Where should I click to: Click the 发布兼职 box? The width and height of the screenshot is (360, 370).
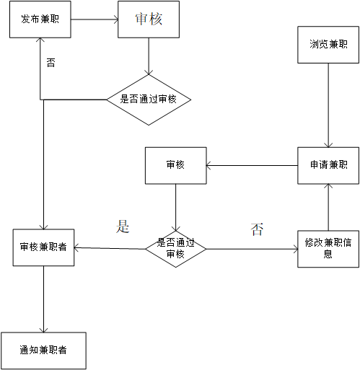pyautogui.click(x=40, y=19)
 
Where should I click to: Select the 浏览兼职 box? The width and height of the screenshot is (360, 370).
pyautogui.click(x=328, y=44)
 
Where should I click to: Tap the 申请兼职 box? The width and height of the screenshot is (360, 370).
pyautogui.click(x=328, y=165)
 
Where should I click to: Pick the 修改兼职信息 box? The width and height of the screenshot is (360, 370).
pyautogui.click(x=328, y=249)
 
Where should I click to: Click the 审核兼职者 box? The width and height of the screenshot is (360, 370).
pyautogui.click(x=44, y=247)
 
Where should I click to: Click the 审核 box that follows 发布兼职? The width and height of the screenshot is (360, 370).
pyautogui.click(x=148, y=19)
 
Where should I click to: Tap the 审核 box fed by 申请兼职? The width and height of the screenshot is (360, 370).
pyautogui.click(x=175, y=165)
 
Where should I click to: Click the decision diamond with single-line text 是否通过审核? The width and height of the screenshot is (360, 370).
pyautogui.click(x=149, y=100)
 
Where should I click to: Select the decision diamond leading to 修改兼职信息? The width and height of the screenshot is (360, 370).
pyautogui.click(x=175, y=249)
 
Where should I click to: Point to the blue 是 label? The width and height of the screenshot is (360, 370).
pyautogui.click(x=123, y=226)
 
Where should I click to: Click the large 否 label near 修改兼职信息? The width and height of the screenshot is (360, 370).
pyautogui.click(x=257, y=230)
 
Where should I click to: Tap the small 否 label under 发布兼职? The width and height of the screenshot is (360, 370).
pyautogui.click(x=51, y=63)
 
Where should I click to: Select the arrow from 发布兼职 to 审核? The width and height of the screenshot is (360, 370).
pyautogui.click(x=94, y=19)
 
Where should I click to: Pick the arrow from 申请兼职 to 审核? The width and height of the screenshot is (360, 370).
pyautogui.click(x=253, y=166)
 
